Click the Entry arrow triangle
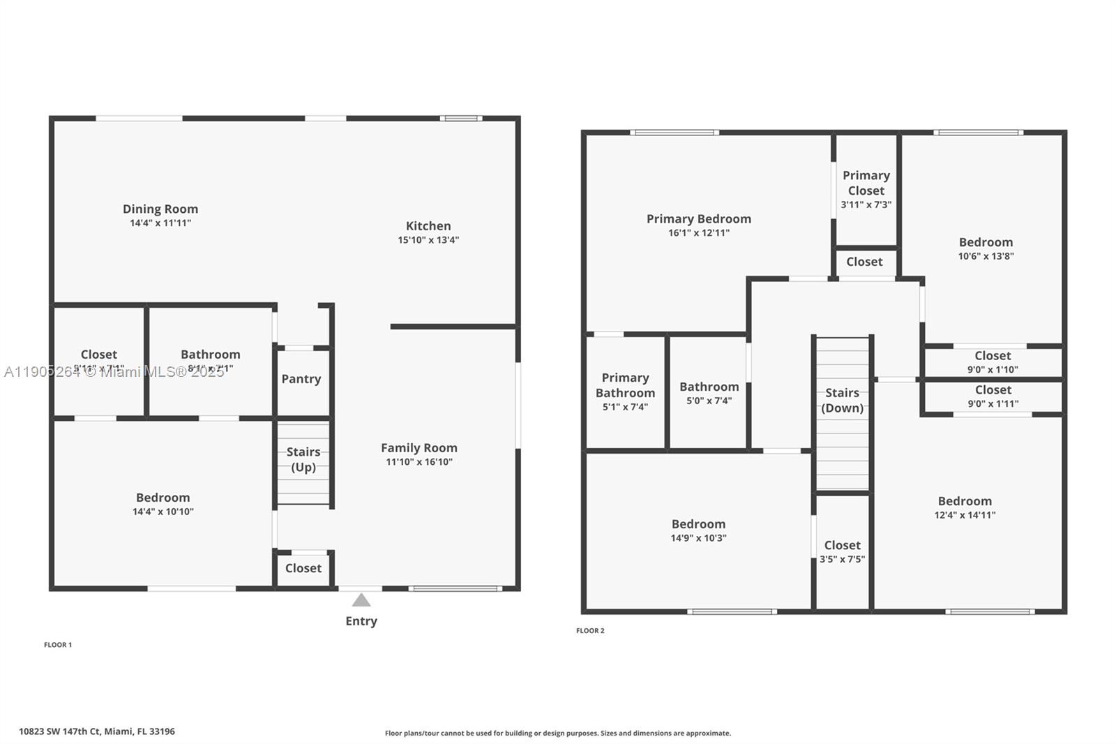pyautogui.click(x=361, y=600)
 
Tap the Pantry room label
pyautogui.click(x=301, y=379)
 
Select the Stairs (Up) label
pyautogui.click(x=303, y=459)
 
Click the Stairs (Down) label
pyautogui.click(x=842, y=401)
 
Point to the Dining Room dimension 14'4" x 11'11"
pyautogui.click(x=160, y=223)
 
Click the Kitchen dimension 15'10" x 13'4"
pyautogui.click(x=428, y=240)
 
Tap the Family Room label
pyautogui.click(x=419, y=448)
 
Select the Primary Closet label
pyautogui.click(x=866, y=183)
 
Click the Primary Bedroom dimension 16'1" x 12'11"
pyautogui.click(x=699, y=233)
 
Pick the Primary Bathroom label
pyautogui.click(x=625, y=385)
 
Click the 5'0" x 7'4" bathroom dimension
pyautogui.click(x=709, y=401)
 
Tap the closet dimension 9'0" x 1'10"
pyautogui.click(x=993, y=370)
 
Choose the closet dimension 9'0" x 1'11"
pyautogui.click(x=993, y=404)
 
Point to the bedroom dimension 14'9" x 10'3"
pyautogui.click(x=699, y=538)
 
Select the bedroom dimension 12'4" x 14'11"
pyautogui.click(x=965, y=515)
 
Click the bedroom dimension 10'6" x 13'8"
pyautogui.click(x=986, y=256)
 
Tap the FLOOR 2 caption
pyautogui.click(x=590, y=631)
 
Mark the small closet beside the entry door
pyautogui.click(x=303, y=568)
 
